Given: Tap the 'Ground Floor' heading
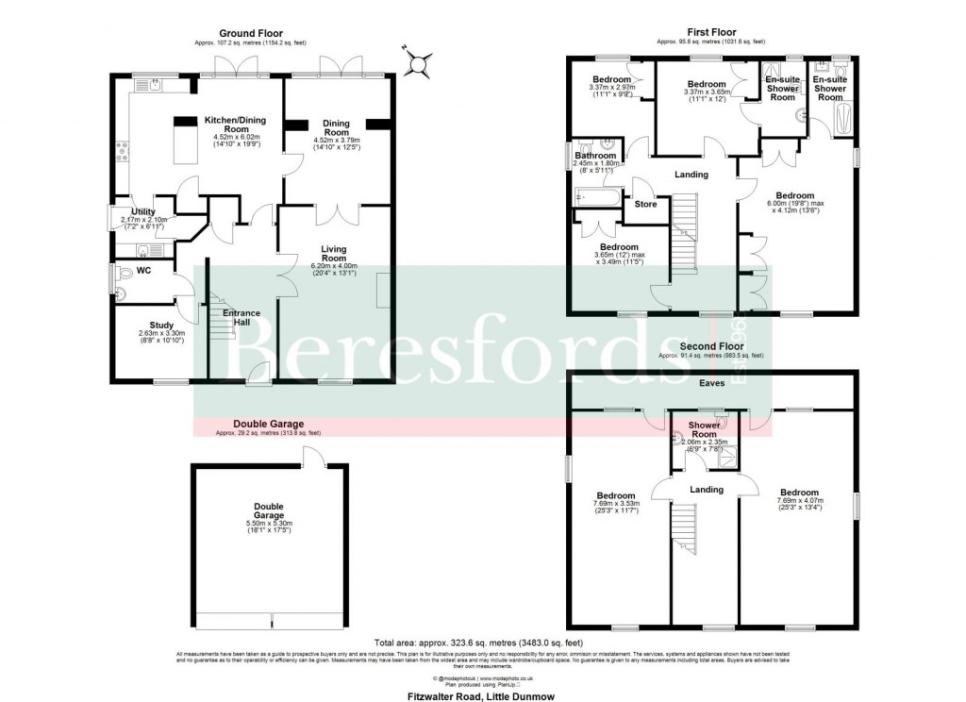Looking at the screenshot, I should pyautogui.click(x=250, y=33).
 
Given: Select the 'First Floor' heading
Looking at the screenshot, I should pyautogui.click(x=710, y=33).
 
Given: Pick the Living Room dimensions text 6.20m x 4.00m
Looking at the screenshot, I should pyautogui.click(x=334, y=267).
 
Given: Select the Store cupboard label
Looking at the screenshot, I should pyautogui.click(x=645, y=204).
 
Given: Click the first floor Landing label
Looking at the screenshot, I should pyautogui.click(x=691, y=175).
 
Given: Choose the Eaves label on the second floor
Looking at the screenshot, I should pyautogui.click(x=711, y=384).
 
